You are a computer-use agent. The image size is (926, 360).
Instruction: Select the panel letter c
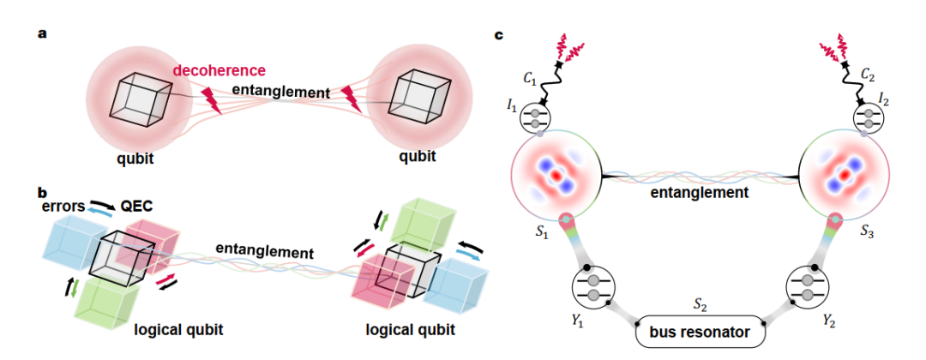coord(500,35)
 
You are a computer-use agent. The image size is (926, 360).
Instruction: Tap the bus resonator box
coord(699,329)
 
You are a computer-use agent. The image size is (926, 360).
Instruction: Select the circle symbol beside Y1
coord(592,286)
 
